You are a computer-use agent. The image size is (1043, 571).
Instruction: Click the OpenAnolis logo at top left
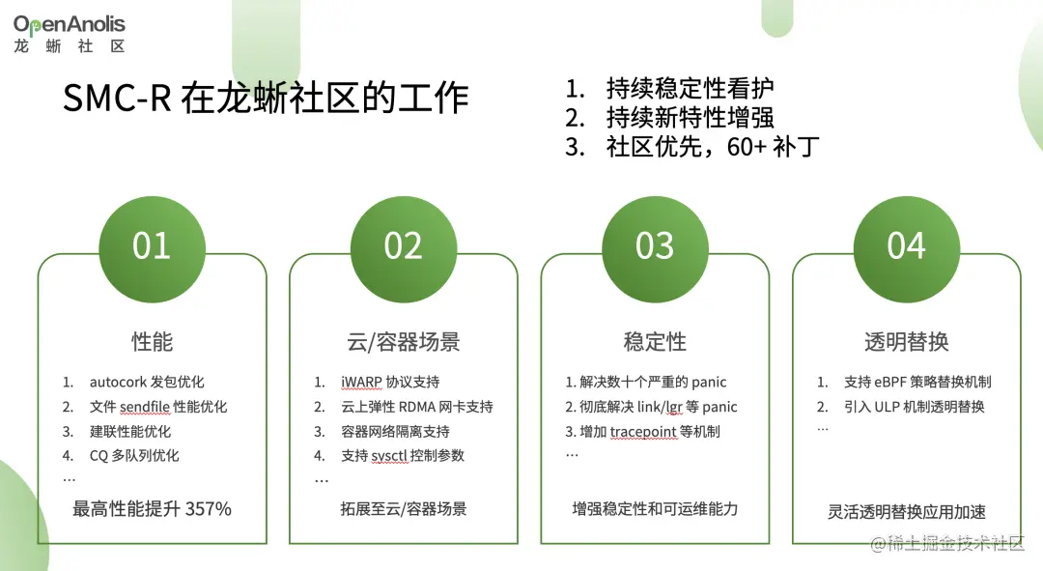point(69,33)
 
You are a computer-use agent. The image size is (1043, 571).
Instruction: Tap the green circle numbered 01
point(152,245)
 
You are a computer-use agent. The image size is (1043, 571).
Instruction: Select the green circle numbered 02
point(403,245)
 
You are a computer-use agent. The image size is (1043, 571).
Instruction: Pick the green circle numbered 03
point(655,245)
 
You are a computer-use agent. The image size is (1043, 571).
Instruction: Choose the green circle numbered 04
point(906,245)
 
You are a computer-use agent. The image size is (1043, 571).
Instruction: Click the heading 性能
point(152,341)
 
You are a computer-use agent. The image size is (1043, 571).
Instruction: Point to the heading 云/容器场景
point(403,341)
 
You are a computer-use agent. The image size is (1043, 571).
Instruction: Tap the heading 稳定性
point(655,341)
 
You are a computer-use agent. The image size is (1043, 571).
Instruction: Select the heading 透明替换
point(906,341)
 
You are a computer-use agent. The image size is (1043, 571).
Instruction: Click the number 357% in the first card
point(208,508)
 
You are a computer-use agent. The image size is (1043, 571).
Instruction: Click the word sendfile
point(144,408)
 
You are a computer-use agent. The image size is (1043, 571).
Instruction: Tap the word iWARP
point(362,383)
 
